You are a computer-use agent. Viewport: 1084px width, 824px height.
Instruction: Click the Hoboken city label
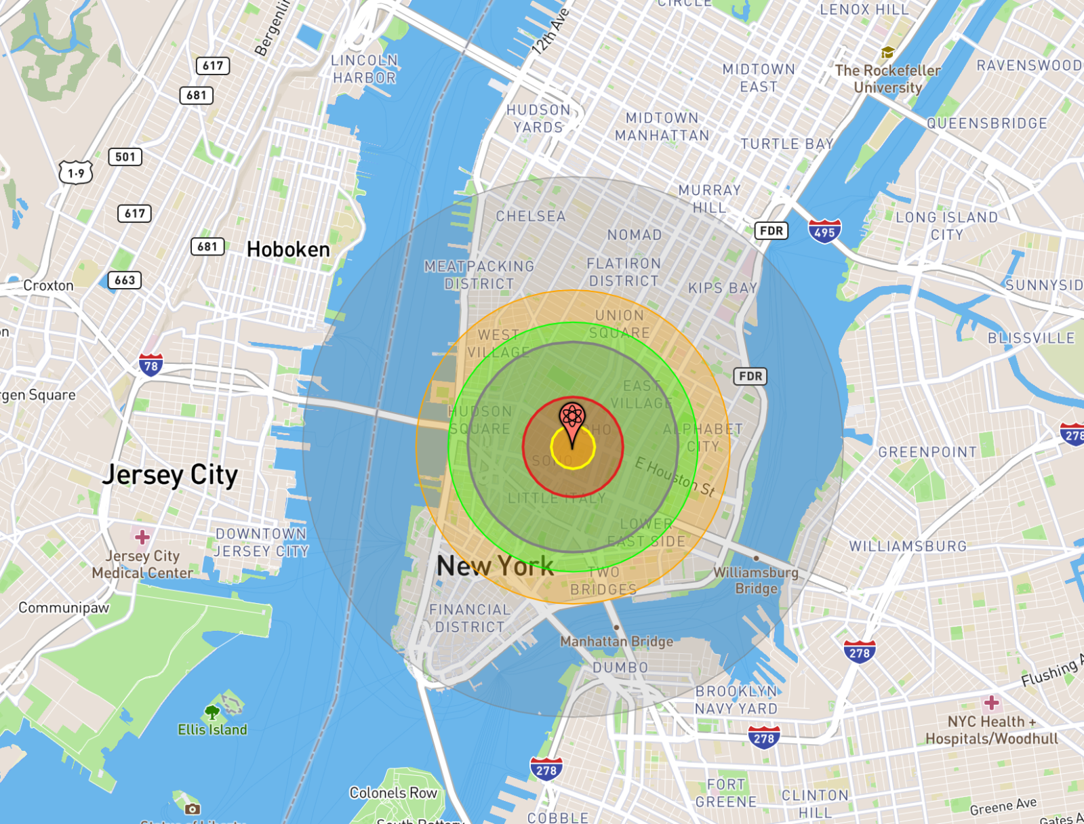click(x=288, y=249)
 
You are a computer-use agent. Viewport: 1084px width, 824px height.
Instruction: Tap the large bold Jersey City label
click(x=170, y=475)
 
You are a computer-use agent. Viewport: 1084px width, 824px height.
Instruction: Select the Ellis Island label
click(x=212, y=730)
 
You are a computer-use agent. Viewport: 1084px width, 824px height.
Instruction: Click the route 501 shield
click(x=125, y=157)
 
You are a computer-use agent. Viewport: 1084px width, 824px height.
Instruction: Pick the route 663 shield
click(x=125, y=281)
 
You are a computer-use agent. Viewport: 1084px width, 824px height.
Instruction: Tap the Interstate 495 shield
click(x=824, y=232)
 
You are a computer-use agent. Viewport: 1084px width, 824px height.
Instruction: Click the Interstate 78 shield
click(x=150, y=366)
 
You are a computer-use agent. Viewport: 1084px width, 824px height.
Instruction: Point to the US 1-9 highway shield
click(x=76, y=173)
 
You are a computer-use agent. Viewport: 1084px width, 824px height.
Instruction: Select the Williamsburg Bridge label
click(x=756, y=581)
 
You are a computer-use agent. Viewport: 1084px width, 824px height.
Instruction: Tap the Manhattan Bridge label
click(x=617, y=641)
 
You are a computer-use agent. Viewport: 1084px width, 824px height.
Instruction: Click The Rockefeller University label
click(x=887, y=79)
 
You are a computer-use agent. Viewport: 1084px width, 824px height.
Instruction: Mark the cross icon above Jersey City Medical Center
click(x=142, y=537)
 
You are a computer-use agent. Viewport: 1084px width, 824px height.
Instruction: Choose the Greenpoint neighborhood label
click(x=927, y=452)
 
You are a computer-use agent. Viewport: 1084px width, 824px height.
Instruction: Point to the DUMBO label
click(x=620, y=667)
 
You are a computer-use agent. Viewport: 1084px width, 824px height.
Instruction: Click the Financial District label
click(x=470, y=618)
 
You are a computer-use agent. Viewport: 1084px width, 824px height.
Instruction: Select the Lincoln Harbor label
click(x=364, y=69)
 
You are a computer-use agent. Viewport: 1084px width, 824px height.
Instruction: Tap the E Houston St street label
click(x=675, y=477)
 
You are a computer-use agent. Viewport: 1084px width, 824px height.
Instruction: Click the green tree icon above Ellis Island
click(x=212, y=712)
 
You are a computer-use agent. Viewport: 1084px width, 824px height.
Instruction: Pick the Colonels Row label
click(x=393, y=793)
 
